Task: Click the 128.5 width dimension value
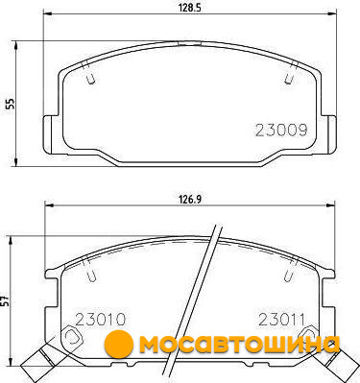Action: pos(189,9)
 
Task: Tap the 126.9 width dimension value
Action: pos(189,200)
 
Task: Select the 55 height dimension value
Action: pos(11,104)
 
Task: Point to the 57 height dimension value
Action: pos(7,300)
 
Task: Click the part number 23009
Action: pos(281,131)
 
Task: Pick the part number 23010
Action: pos(100,319)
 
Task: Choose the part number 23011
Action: pos(281,319)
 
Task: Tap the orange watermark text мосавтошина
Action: pos(239,345)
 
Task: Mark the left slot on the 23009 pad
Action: pos(88,73)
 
